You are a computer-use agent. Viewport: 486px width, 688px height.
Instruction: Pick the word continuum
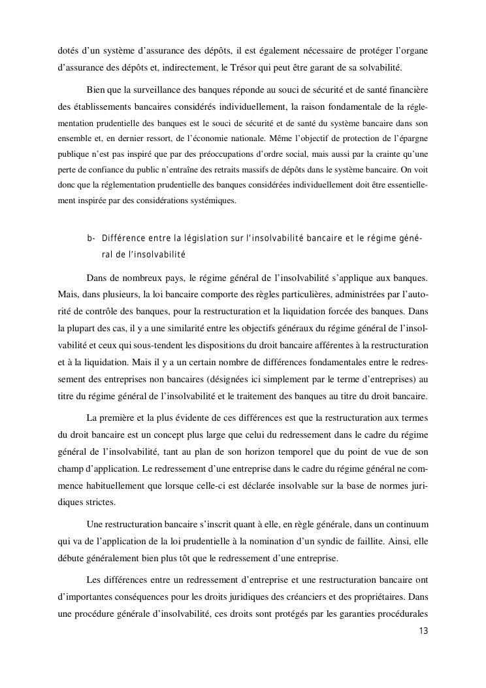(x=406, y=524)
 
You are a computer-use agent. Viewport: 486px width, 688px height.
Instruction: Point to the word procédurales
(x=400, y=614)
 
